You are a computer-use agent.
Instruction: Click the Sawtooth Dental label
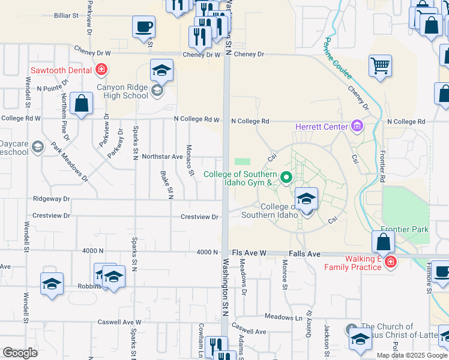pyautogui.click(x=62, y=70)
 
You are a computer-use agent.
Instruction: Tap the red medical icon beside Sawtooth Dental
pyautogui.click(x=101, y=70)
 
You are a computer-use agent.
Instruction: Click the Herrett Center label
pyautogui.click(x=321, y=127)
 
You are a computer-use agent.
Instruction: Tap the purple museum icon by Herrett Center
pyautogui.click(x=357, y=126)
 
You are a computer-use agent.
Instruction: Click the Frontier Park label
pyautogui.click(x=405, y=229)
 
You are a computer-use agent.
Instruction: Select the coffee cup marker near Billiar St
pyautogui.click(x=143, y=28)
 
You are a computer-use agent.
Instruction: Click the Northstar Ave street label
pyautogui.click(x=162, y=157)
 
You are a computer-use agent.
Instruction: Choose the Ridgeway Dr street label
pyautogui.click(x=52, y=199)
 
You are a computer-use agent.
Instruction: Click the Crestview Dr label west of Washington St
pyautogui.click(x=199, y=217)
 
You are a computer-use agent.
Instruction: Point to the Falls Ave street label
pyautogui.click(x=305, y=254)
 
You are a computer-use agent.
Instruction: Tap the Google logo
pyautogui.click(x=20, y=353)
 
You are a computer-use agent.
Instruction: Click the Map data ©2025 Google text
pyautogui.click(x=411, y=355)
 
